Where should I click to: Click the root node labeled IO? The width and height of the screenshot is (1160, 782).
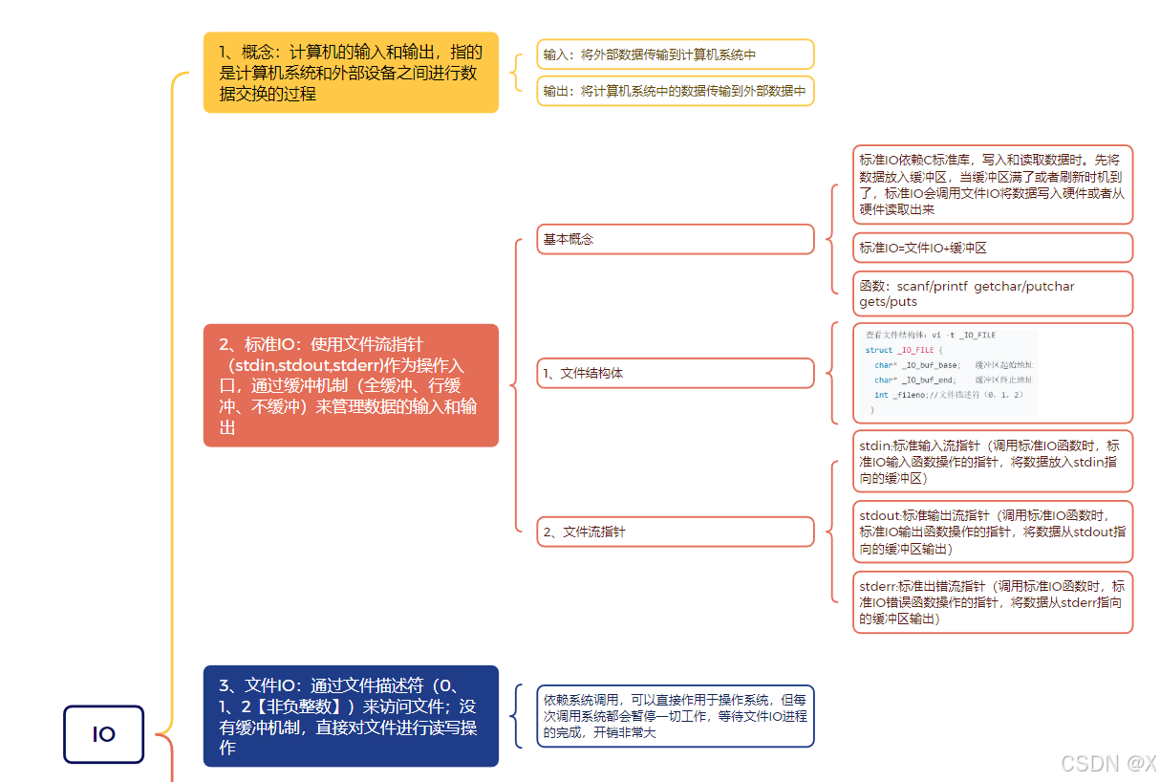point(103,734)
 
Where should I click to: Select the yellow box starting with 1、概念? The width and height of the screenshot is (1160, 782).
point(351,73)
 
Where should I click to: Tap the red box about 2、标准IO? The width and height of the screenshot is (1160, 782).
point(351,385)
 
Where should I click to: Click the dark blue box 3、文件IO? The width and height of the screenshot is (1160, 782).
point(351,716)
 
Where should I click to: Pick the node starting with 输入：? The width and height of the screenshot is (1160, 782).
point(675,54)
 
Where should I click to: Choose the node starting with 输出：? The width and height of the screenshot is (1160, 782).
point(675,91)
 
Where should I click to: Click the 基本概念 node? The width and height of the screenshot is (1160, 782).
point(675,239)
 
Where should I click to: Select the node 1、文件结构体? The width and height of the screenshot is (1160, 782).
point(675,373)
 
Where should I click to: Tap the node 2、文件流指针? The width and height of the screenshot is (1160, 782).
point(675,532)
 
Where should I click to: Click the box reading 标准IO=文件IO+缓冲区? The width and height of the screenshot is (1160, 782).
point(993,248)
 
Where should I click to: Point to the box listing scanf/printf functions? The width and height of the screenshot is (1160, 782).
point(993,293)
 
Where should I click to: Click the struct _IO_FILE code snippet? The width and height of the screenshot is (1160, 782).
point(946,373)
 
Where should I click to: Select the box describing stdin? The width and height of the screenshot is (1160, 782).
point(993,462)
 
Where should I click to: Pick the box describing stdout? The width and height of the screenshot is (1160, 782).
point(993,532)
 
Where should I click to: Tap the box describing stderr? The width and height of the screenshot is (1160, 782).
point(993,602)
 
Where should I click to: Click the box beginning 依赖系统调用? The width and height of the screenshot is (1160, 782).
point(675,716)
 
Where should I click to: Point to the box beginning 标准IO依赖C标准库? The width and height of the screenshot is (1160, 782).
point(993,185)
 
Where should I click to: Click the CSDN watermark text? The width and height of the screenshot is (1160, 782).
point(1108,763)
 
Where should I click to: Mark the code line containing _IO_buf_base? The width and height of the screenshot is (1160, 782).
point(917,365)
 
